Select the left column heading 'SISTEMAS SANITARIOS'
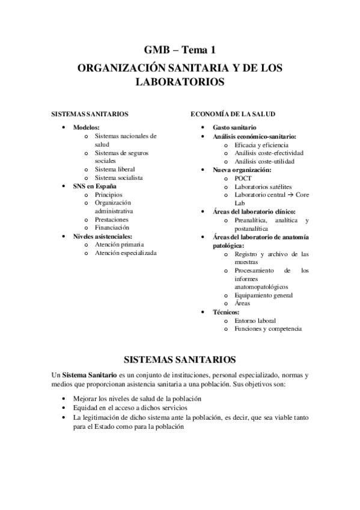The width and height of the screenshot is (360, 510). (89, 114)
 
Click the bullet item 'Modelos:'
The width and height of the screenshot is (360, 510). (87, 127)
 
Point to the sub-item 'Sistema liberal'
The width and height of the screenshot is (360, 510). (115, 170)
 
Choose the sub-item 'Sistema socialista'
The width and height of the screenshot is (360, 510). (118, 178)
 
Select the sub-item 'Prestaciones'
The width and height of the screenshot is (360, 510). (112, 220)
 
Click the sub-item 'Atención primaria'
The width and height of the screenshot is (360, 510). (119, 245)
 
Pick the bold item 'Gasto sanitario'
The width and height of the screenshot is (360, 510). (234, 127)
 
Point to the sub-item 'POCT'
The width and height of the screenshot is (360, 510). (243, 178)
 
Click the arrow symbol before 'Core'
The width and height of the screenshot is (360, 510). (288, 195)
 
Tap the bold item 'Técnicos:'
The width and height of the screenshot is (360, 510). (226, 312)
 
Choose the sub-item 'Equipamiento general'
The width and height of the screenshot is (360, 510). (264, 295)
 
